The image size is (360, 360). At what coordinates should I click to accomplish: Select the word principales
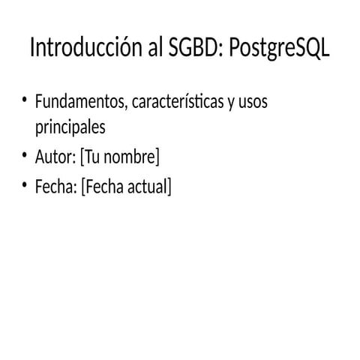tap(70, 128)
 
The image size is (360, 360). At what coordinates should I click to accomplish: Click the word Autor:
tap(55, 157)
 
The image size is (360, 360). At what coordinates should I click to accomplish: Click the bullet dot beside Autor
tap(24, 156)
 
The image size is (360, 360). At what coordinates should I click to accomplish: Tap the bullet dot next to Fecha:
tap(24, 184)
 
